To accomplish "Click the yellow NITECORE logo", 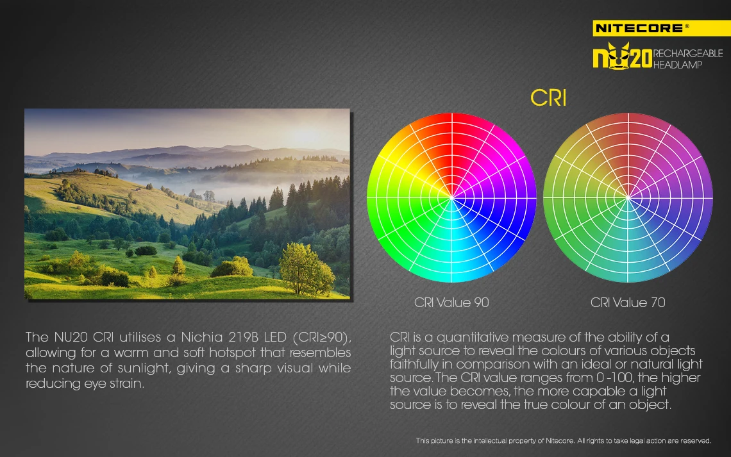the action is pyautogui.click(x=662, y=28).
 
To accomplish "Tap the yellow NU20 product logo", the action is pyautogui.click(x=623, y=56).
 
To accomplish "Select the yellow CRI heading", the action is pyautogui.click(x=548, y=98).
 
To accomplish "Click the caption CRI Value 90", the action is pyautogui.click(x=451, y=303).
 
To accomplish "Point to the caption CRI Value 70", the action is pyautogui.click(x=628, y=303).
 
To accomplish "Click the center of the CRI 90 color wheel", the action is pyautogui.click(x=451, y=197).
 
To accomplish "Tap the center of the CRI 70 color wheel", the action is pyautogui.click(x=628, y=197).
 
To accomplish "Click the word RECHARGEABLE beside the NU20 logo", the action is pyautogui.click(x=687, y=53).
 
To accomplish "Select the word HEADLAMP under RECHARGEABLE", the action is pyautogui.click(x=677, y=65).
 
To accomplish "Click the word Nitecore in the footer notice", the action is pyautogui.click(x=559, y=441).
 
